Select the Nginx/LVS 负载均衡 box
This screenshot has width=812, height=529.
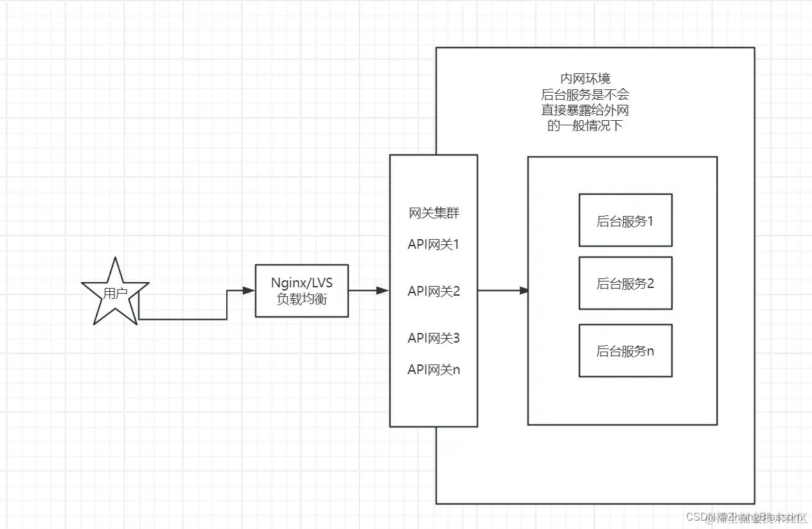pyautogui.click(x=301, y=291)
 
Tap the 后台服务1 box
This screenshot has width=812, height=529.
pyautogui.click(x=625, y=220)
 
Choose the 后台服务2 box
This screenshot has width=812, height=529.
pyautogui.click(x=625, y=283)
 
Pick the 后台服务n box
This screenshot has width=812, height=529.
pyautogui.click(x=625, y=351)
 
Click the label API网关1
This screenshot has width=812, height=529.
pyautogui.click(x=434, y=245)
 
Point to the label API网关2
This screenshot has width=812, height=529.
pyautogui.click(x=434, y=291)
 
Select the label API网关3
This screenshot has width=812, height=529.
pyautogui.click(x=434, y=338)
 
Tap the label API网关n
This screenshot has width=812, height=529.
pyautogui.click(x=434, y=370)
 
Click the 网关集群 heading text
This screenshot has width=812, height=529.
pyautogui.click(x=434, y=213)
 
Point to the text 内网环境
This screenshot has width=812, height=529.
pyautogui.click(x=585, y=78)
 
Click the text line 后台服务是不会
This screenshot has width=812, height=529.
pyautogui.click(x=585, y=94)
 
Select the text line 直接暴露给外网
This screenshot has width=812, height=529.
pyautogui.click(x=585, y=110)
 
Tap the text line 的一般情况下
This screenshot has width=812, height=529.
pyautogui.click(x=585, y=126)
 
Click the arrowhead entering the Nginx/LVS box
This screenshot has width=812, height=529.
pyautogui.click(x=249, y=291)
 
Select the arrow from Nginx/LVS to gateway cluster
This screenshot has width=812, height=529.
pyautogui.click(x=368, y=291)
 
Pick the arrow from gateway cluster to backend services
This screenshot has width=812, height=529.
pyautogui.click(x=502, y=291)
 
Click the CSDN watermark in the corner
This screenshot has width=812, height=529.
pyautogui.click(x=745, y=517)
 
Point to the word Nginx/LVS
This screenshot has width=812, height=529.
pyautogui.click(x=301, y=283)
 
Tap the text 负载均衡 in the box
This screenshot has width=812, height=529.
pyautogui.click(x=301, y=299)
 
